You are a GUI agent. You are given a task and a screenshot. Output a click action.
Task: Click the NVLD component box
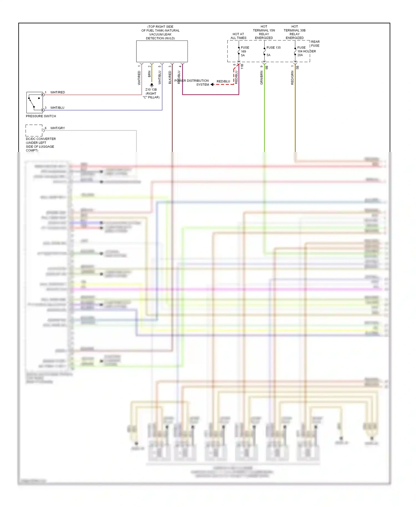[x=162, y=51]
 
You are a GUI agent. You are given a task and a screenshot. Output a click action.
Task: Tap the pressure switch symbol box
[x=34, y=102]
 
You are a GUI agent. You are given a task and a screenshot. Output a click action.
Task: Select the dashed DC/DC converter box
[x=34, y=130]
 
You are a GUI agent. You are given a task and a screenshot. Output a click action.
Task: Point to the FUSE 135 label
[x=273, y=48]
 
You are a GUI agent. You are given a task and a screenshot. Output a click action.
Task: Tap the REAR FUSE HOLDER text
[x=315, y=44]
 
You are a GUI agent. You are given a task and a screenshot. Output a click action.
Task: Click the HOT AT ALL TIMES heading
[x=238, y=36]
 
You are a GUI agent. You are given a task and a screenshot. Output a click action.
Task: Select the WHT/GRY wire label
[x=58, y=128]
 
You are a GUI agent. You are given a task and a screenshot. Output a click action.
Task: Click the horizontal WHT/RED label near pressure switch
[x=58, y=92]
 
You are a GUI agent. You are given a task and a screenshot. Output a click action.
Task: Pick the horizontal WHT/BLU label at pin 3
[x=57, y=108]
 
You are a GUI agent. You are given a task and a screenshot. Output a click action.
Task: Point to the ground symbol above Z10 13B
[x=152, y=85]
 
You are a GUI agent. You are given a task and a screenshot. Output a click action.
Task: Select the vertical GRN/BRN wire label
[x=262, y=78]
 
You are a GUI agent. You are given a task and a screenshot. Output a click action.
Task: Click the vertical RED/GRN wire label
[x=292, y=78]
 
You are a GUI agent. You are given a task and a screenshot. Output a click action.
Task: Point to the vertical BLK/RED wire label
[x=170, y=77]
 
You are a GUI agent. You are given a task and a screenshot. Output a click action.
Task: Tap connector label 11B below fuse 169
[x=242, y=67]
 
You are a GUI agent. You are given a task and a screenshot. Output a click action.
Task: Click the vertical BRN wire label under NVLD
[x=149, y=74]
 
